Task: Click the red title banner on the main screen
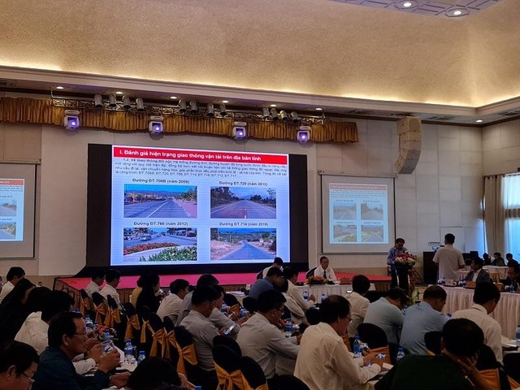point(200,151)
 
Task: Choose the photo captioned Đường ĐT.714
point(243,244)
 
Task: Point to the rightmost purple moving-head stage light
point(304,135)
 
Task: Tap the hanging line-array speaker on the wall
point(408,145)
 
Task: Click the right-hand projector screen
point(357,214)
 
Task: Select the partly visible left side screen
point(16,210)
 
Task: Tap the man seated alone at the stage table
point(325,270)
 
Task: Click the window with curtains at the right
point(510,214)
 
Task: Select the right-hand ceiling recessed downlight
point(457,11)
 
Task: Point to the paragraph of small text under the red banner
point(200,167)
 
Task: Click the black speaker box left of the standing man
point(428,266)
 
